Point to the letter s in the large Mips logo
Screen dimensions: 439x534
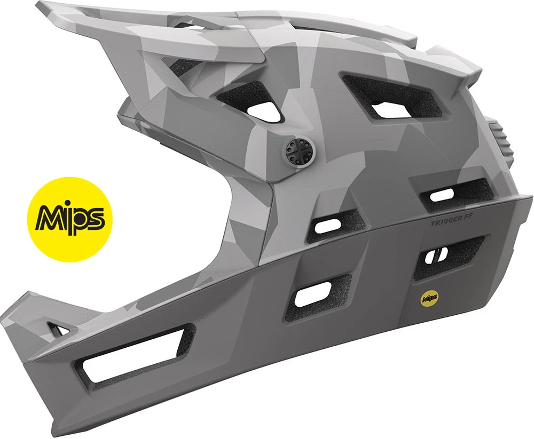click(x=101, y=218)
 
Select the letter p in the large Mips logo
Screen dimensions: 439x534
click(x=83, y=219)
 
